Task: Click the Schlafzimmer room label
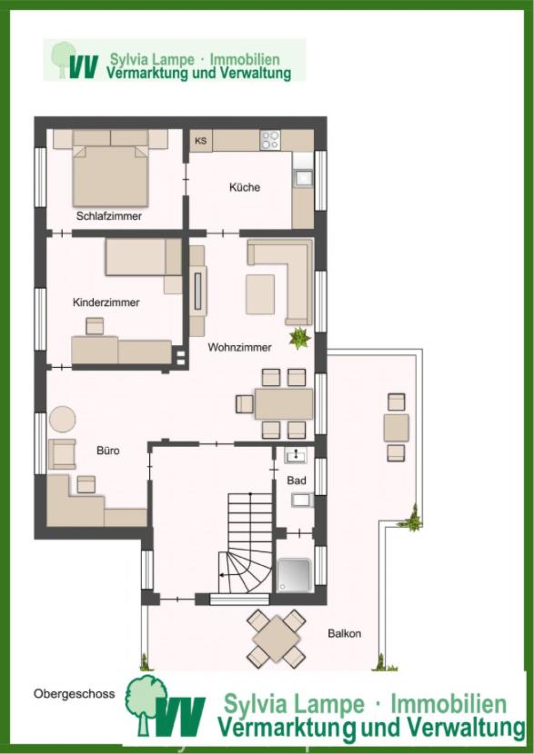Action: [x=109, y=216]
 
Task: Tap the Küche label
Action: [x=245, y=187]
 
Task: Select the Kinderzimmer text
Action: [x=106, y=303]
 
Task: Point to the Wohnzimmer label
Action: [x=239, y=347]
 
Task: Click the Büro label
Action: [x=108, y=451]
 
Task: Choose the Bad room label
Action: [x=297, y=481]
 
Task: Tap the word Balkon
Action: [x=344, y=633]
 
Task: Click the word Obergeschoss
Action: [x=75, y=694]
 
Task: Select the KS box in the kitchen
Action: [x=201, y=141]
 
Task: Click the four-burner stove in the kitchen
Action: [x=269, y=140]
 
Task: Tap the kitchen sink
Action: [x=303, y=177]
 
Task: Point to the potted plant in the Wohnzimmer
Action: [x=299, y=338]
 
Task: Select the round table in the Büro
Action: [x=63, y=420]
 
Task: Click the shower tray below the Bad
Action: [x=293, y=575]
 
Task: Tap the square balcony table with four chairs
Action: [x=276, y=639]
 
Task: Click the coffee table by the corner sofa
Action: [x=260, y=294]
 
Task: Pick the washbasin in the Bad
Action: [x=295, y=455]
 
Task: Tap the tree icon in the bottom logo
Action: [x=146, y=705]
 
